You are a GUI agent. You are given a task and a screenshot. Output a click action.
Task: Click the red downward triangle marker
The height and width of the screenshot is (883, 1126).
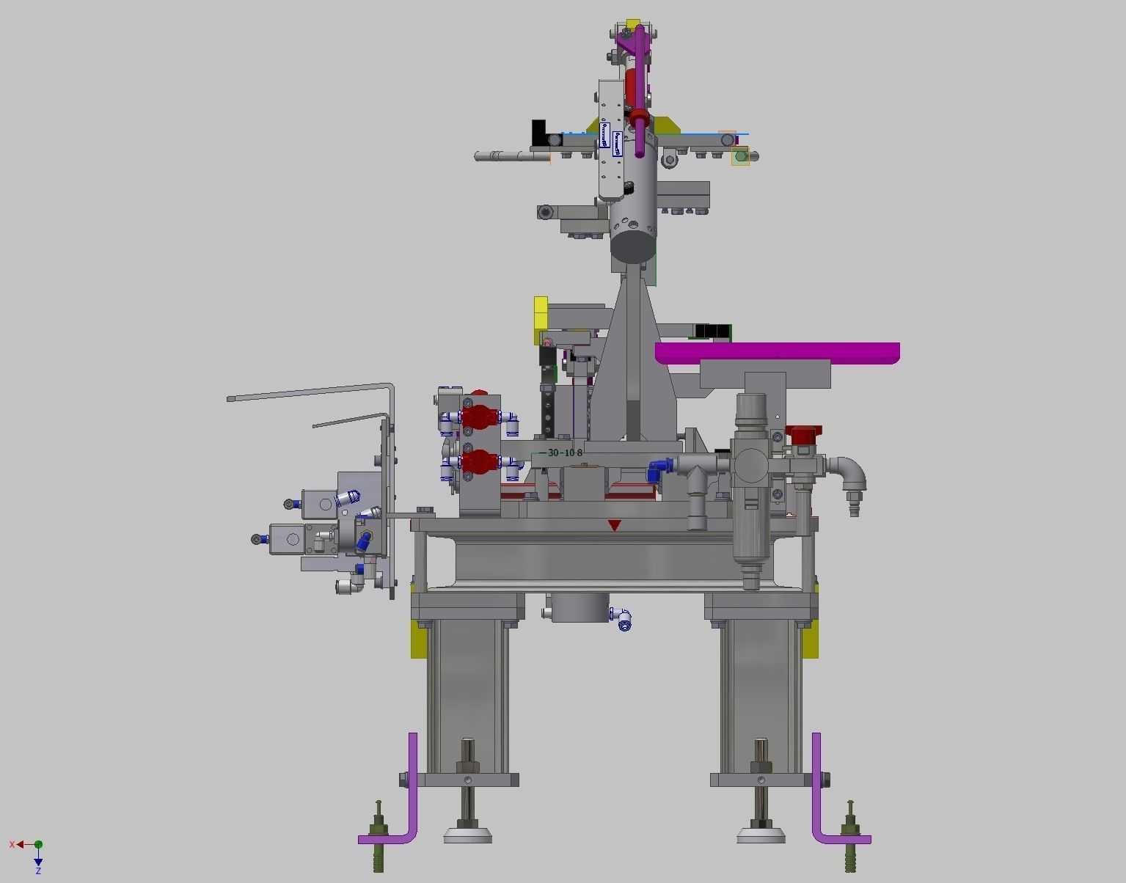point(615,525)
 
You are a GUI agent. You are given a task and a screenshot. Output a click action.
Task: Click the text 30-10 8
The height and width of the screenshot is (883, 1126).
point(565,453)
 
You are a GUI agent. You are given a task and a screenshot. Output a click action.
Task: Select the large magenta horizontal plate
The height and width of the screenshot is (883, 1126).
point(778,352)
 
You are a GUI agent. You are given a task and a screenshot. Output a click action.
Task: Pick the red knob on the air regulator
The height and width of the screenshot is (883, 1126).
point(803,433)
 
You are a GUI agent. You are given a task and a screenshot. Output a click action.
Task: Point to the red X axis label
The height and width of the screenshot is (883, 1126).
point(12,845)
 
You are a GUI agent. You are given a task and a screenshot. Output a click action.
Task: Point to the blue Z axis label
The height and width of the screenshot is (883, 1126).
point(38,871)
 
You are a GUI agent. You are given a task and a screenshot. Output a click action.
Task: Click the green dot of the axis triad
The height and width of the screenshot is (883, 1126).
point(38,845)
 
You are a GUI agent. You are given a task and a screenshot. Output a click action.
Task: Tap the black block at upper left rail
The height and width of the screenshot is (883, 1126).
point(540,132)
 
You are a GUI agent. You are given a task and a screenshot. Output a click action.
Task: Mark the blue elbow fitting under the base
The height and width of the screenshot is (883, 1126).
point(624,620)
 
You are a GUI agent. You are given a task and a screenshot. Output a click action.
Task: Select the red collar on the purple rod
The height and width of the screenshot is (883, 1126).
point(638,116)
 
